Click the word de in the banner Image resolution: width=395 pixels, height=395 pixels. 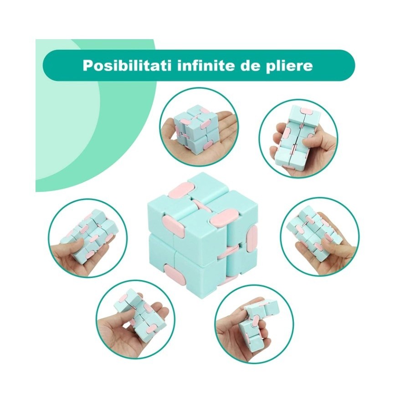(x=252, y=65)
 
